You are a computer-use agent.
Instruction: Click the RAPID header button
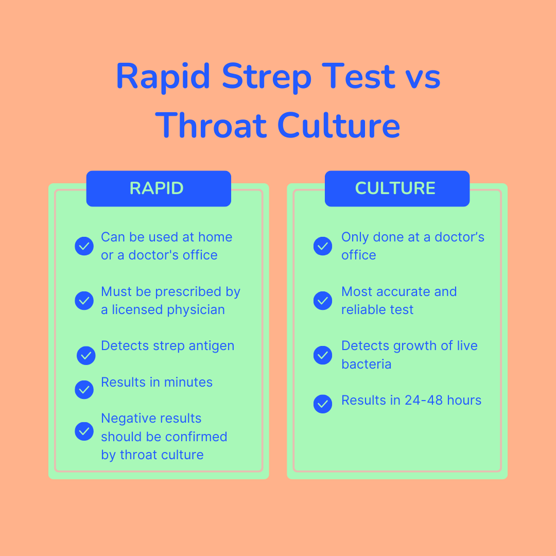(158, 188)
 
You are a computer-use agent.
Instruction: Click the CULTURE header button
(396, 188)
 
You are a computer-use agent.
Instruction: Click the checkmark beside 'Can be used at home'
(84, 246)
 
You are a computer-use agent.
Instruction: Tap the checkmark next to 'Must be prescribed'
(84, 301)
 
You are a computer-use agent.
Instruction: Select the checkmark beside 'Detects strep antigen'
(86, 355)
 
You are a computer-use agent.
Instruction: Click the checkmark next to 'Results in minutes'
(84, 390)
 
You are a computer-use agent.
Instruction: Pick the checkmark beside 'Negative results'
(84, 431)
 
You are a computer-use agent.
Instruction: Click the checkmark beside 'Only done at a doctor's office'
(323, 246)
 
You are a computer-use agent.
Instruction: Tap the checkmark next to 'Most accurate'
(323, 301)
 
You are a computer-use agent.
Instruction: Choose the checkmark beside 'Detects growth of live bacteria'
(323, 355)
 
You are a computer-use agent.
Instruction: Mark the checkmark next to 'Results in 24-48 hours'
(323, 404)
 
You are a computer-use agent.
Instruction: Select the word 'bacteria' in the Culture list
(366, 364)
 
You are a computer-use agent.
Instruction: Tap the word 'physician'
(197, 310)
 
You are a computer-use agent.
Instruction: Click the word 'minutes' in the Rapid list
(188, 382)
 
